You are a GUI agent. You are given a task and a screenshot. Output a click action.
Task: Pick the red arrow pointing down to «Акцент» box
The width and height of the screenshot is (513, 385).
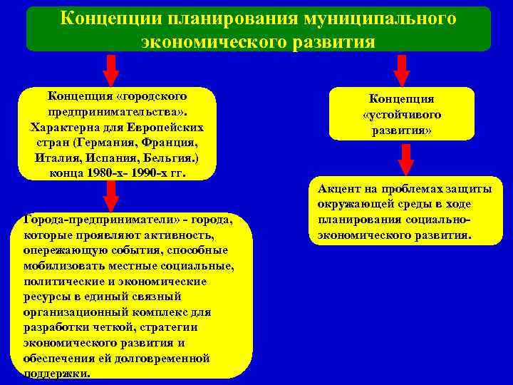(405, 158)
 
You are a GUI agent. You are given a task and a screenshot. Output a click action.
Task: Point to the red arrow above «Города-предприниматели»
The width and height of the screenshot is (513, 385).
(110, 195)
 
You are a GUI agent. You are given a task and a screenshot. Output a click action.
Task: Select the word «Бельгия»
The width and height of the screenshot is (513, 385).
(167, 157)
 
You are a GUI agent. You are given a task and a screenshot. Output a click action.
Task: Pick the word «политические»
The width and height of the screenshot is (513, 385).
(59, 281)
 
